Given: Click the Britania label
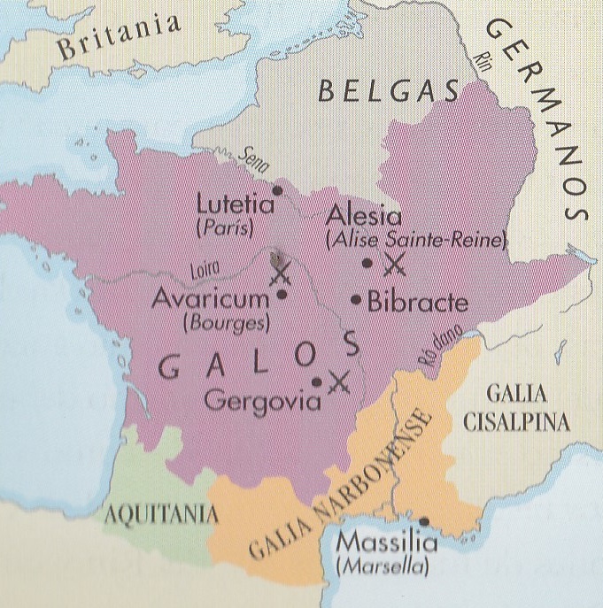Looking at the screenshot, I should pyautogui.click(x=116, y=38).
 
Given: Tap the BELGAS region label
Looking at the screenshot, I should pyautogui.click(x=390, y=91).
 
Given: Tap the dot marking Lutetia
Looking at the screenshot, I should pyautogui.click(x=277, y=189).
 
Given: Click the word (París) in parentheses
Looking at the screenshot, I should pyautogui.click(x=223, y=228).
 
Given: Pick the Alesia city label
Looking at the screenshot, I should pyautogui.click(x=363, y=217).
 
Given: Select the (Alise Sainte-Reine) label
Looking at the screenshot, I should pyautogui.click(x=415, y=239).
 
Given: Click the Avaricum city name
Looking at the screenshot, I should pyautogui.click(x=209, y=298).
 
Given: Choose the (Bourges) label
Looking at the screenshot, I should pyautogui.click(x=225, y=323).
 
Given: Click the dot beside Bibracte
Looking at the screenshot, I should pyautogui.click(x=356, y=299).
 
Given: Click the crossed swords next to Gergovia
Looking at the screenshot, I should pyautogui.click(x=338, y=381).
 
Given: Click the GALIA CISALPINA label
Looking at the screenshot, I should pyautogui.click(x=516, y=408).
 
